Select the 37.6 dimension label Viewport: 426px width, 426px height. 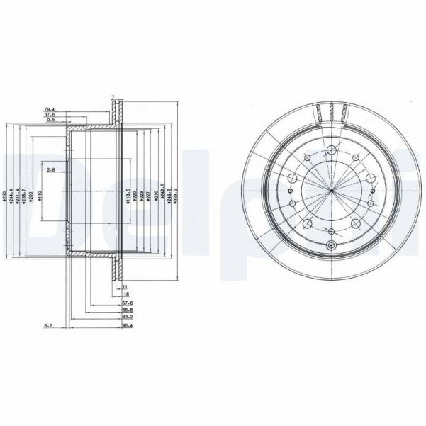point(50,115)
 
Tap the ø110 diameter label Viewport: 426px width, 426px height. point(40,195)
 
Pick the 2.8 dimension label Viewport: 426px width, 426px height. point(50,170)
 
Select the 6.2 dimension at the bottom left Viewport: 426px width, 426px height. point(48,325)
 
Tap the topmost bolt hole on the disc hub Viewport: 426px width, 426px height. point(332,150)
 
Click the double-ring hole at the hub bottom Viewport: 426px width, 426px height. point(332,245)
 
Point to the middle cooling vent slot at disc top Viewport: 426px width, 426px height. point(332,111)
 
